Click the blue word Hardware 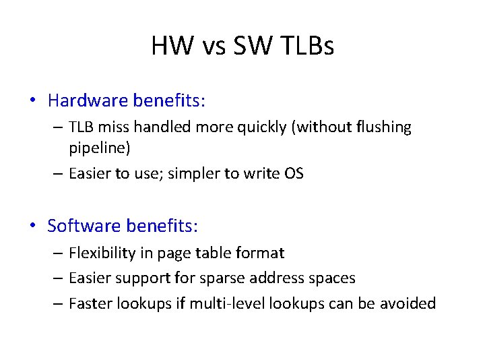(88, 101)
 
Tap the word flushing (380, 127)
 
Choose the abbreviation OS (294, 173)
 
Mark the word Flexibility (102, 253)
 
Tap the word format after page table (259, 253)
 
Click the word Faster (91, 303)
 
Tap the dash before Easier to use (58, 173)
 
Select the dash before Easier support (58, 278)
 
